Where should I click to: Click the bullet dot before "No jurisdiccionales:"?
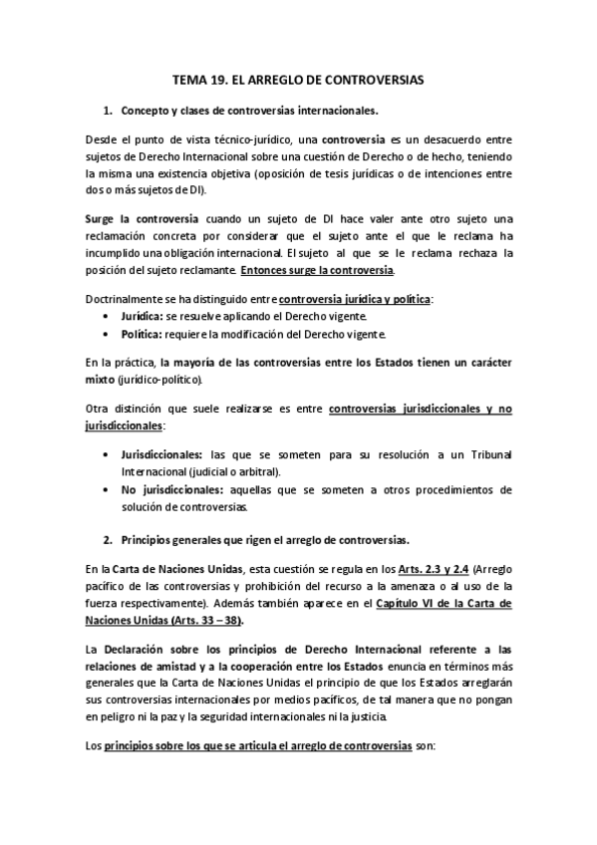tap(107, 490)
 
